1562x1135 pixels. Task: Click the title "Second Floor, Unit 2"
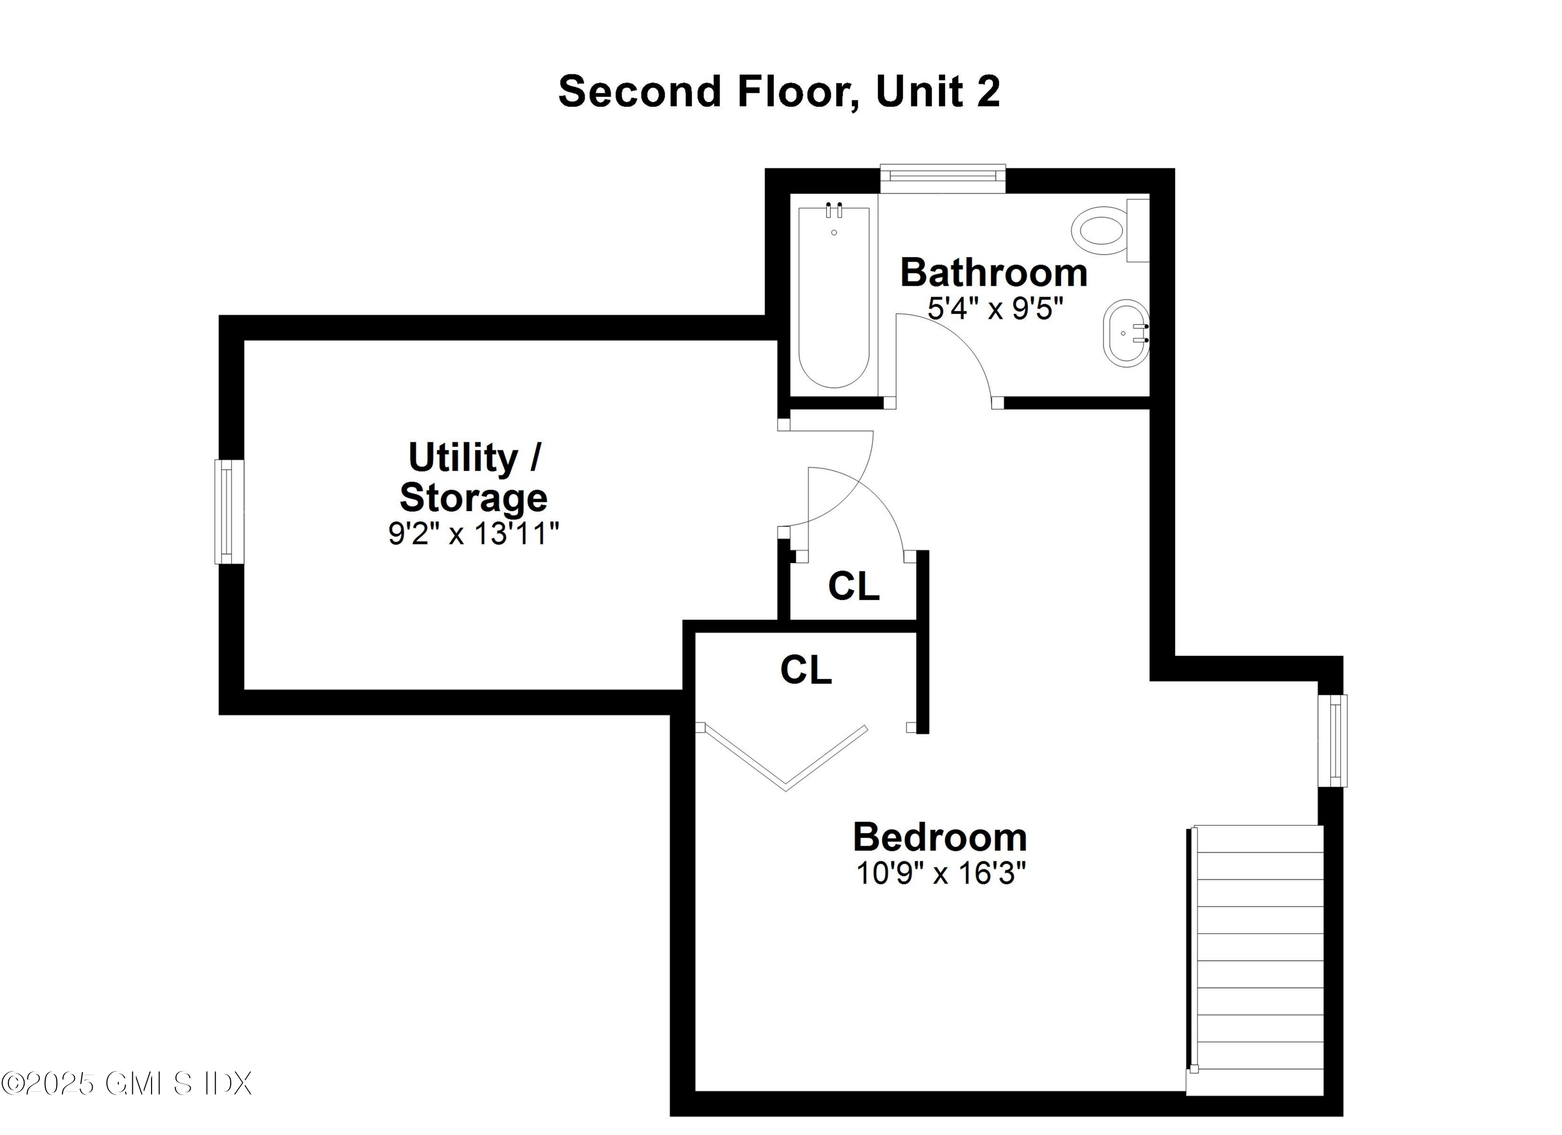click(x=778, y=92)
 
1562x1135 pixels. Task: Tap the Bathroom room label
click(x=993, y=273)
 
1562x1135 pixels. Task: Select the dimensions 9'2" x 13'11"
click(x=474, y=533)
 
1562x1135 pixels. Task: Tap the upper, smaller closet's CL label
click(x=853, y=586)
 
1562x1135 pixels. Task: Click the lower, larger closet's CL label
click(x=806, y=669)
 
